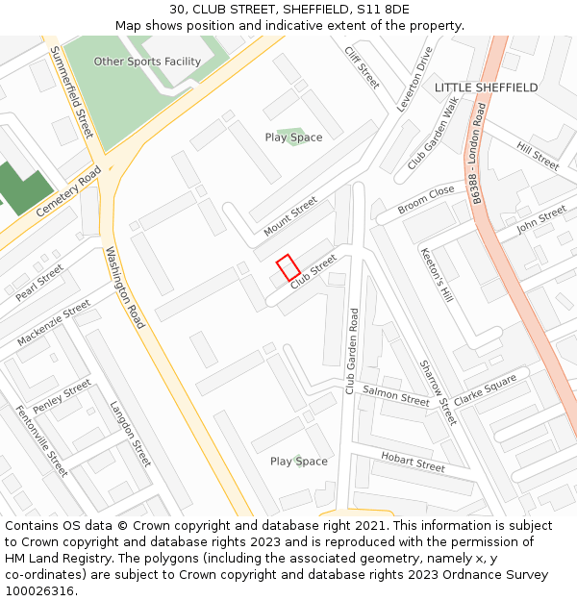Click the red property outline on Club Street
[288, 266]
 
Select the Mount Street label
[290, 216]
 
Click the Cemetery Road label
[69, 191]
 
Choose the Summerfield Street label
[72, 103]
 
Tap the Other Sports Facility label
[147, 62]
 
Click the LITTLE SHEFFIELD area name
[486, 88]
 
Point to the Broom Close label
[426, 199]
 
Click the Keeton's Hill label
[436, 276]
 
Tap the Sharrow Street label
[438, 392]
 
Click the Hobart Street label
[413, 462]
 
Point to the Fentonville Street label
[41, 440]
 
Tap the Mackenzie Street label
[53, 323]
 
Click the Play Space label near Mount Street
[293, 138]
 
